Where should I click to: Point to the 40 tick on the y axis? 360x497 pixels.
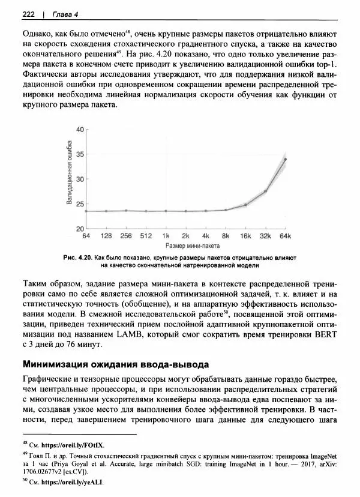point(79,130)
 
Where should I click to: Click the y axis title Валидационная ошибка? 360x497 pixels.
point(69,179)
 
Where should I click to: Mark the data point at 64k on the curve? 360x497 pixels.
point(285,159)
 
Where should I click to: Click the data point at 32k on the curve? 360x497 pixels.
point(265,191)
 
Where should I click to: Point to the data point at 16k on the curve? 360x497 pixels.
point(245,205)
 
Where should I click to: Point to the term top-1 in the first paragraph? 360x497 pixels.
point(328,64)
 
